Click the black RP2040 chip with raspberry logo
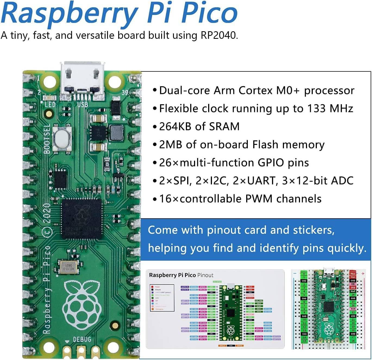point(81,219)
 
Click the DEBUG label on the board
point(82,339)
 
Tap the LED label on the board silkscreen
point(50,105)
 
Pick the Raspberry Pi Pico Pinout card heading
point(181,275)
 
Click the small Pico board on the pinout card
point(230,312)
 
